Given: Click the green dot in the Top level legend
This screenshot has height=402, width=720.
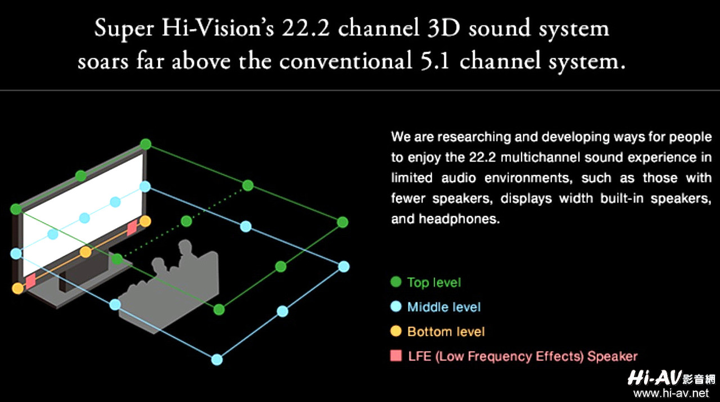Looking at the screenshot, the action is (x=395, y=282).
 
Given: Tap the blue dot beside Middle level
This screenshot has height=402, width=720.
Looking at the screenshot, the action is (x=395, y=306).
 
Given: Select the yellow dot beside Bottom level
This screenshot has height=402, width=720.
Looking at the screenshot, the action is (x=395, y=331).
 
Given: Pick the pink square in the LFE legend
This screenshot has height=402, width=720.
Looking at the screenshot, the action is (x=395, y=356).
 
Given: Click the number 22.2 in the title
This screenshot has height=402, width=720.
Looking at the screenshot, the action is (x=305, y=28).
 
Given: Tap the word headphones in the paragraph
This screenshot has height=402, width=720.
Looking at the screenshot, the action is (x=460, y=219).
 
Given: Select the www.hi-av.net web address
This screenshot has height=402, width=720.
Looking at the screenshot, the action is (x=671, y=392).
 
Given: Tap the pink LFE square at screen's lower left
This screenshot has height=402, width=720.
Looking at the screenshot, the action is (x=30, y=281).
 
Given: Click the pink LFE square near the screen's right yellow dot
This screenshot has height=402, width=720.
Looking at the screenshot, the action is (x=132, y=228).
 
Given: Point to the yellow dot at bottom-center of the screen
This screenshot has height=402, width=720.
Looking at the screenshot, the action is (x=85, y=252).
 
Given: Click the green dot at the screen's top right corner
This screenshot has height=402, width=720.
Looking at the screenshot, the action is (x=146, y=144).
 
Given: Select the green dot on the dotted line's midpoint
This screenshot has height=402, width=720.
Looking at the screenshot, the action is (x=186, y=221).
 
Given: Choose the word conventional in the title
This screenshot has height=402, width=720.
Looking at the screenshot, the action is (x=346, y=61).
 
